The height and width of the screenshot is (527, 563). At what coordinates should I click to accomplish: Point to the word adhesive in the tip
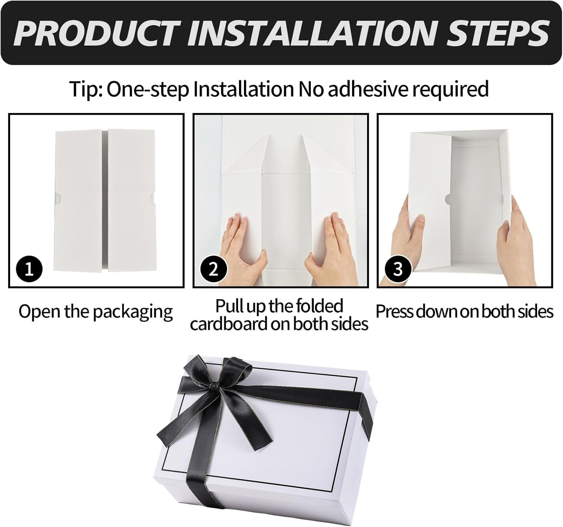coord(367,89)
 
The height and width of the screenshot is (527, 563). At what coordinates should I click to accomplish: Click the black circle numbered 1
coord(29,269)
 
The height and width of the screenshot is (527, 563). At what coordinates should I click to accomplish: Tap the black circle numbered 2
coord(214,269)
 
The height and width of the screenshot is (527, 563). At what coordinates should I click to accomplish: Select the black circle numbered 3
coord(398,269)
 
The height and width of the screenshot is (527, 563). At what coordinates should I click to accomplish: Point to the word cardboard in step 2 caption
coord(229,324)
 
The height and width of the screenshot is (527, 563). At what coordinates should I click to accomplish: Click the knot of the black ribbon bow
coord(215,386)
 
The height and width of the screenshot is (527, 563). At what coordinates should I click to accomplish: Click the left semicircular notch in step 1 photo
coord(57,197)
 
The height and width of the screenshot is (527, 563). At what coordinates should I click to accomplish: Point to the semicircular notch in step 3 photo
coord(448,199)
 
